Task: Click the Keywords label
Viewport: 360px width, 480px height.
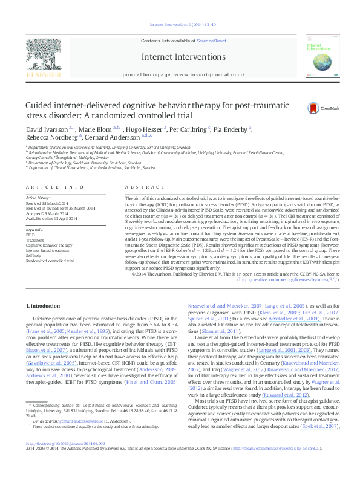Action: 34,230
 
